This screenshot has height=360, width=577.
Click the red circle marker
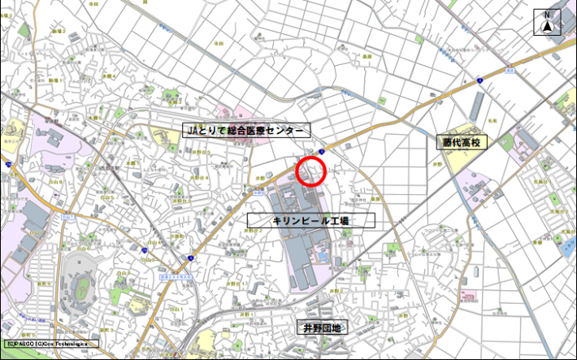tap(310, 171)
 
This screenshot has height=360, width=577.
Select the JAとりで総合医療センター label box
tap(245, 131)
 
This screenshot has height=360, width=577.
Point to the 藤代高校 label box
tap(462, 142)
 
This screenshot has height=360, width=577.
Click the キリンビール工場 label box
tap(311, 220)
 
